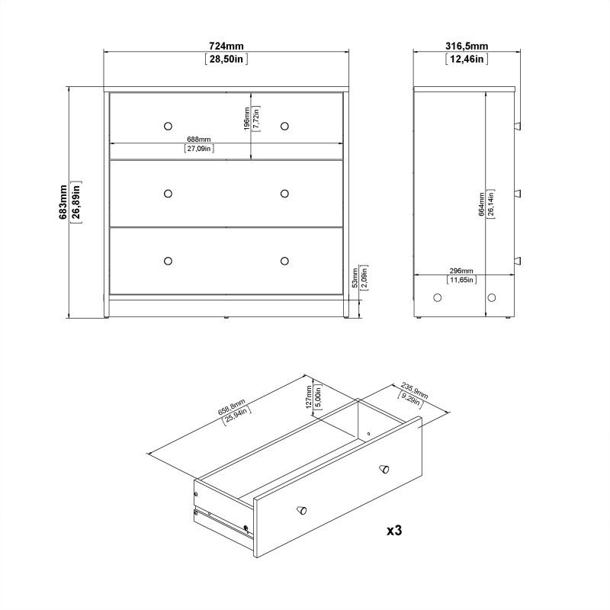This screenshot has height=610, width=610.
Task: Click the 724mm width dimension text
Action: click(x=226, y=46)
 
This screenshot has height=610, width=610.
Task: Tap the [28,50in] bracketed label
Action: click(x=226, y=59)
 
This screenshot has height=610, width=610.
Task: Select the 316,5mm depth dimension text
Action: click(x=467, y=46)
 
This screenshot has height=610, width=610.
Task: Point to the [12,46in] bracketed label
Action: click(x=467, y=59)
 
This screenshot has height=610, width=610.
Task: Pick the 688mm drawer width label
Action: click(x=199, y=140)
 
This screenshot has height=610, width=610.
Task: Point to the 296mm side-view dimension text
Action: click(x=461, y=271)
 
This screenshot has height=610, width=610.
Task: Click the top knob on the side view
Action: click(x=517, y=124)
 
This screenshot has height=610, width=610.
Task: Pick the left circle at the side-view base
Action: click(x=438, y=297)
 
